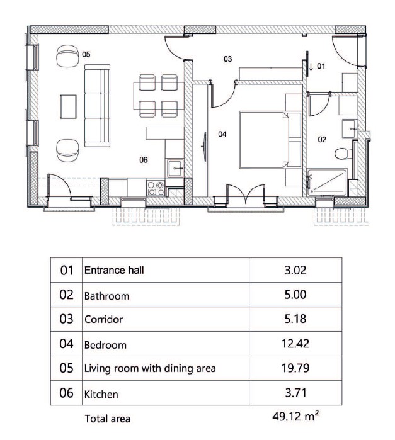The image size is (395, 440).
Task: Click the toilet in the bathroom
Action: click(x=343, y=154)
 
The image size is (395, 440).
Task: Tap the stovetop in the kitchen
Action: click(x=156, y=188)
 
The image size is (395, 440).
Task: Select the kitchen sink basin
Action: click(x=175, y=168)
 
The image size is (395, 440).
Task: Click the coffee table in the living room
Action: click(x=68, y=106)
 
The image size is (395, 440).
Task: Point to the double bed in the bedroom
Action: click(x=264, y=140)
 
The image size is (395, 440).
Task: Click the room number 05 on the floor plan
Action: click(x=86, y=54)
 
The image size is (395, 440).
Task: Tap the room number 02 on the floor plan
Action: click(x=322, y=140)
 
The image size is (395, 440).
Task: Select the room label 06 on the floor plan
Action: click(x=144, y=160)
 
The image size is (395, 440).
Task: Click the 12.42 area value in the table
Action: click(x=295, y=344)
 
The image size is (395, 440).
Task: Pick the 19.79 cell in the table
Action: click(x=295, y=368)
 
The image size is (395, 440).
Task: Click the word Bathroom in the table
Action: click(x=106, y=296)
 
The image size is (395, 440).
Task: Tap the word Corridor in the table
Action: click(x=104, y=320)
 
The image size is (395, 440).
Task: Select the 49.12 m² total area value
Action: click(x=295, y=416)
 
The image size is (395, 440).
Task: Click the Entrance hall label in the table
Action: click(x=114, y=270)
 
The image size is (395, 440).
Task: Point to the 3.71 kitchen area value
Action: click(x=295, y=393)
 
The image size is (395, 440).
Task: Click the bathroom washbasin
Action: click(x=350, y=128)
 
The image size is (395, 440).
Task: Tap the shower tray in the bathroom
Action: click(x=328, y=182)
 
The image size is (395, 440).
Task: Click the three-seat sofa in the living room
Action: click(x=97, y=106)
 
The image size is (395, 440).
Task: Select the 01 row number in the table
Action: click(x=67, y=270)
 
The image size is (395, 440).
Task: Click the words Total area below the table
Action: click(x=107, y=419)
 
